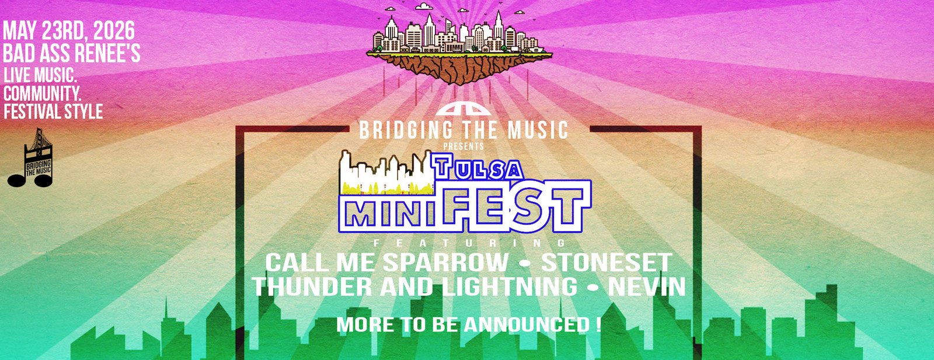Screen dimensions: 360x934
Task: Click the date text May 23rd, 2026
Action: tap(69, 31)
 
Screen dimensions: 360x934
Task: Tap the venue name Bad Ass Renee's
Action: tap(71, 54)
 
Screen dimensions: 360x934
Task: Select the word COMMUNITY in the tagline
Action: tap(42, 93)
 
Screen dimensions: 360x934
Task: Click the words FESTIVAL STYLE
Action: tap(53, 111)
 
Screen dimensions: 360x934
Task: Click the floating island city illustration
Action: tap(460, 47)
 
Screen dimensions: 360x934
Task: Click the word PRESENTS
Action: tap(463, 146)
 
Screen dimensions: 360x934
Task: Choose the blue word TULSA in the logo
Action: tap(478, 168)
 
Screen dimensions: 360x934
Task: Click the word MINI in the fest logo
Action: tap(386, 215)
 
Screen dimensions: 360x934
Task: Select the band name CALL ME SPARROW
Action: tap(386, 263)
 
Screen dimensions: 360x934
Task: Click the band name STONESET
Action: tap(607, 263)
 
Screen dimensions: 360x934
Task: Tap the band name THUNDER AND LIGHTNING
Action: tap(414, 287)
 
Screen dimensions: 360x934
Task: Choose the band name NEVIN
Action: tap(647, 287)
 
